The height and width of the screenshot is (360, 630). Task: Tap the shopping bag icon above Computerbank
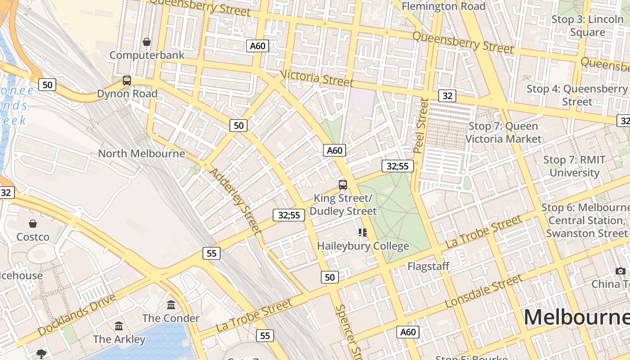pyautogui.click(x=147, y=42)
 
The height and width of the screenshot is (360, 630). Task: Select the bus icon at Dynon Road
pyautogui.click(x=127, y=81)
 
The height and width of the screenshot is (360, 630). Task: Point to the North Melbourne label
pyautogui.click(x=141, y=153)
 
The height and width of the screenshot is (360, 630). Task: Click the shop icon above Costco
pyautogui.click(x=33, y=224)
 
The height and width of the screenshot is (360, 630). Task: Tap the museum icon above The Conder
pyautogui.click(x=171, y=305)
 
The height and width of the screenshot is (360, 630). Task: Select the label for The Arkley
pyautogui.click(x=119, y=339)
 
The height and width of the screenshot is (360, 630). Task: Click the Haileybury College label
pyautogui.click(x=363, y=246)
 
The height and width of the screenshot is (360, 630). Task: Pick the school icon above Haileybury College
pyautogui.click(x=363, y=233)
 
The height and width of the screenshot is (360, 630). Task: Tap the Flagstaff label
pyautogui.click(x=428, y=266)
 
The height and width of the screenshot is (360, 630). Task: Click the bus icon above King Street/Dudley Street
pyautogui.click(x=343, y=184)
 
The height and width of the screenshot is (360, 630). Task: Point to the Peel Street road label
pyautogui.click(x=422, y=126)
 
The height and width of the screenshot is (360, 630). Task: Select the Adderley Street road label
pyautogui.click(x=235, y=201)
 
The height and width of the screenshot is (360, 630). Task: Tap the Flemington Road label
pyautogui.click(x=443, y=6)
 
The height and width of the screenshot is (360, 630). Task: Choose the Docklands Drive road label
pyautogui.click(x=76, y=315)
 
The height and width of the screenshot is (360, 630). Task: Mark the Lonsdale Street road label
pyautogui.click(x=484, y=291)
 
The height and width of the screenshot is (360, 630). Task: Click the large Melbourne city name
pyautogui.click(x=576, y=317)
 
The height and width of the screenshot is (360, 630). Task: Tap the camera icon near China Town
pyautogui.click(x=621, y=271)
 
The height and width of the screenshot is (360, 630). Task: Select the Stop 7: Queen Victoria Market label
pyautogui.click(x=503, y=132)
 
